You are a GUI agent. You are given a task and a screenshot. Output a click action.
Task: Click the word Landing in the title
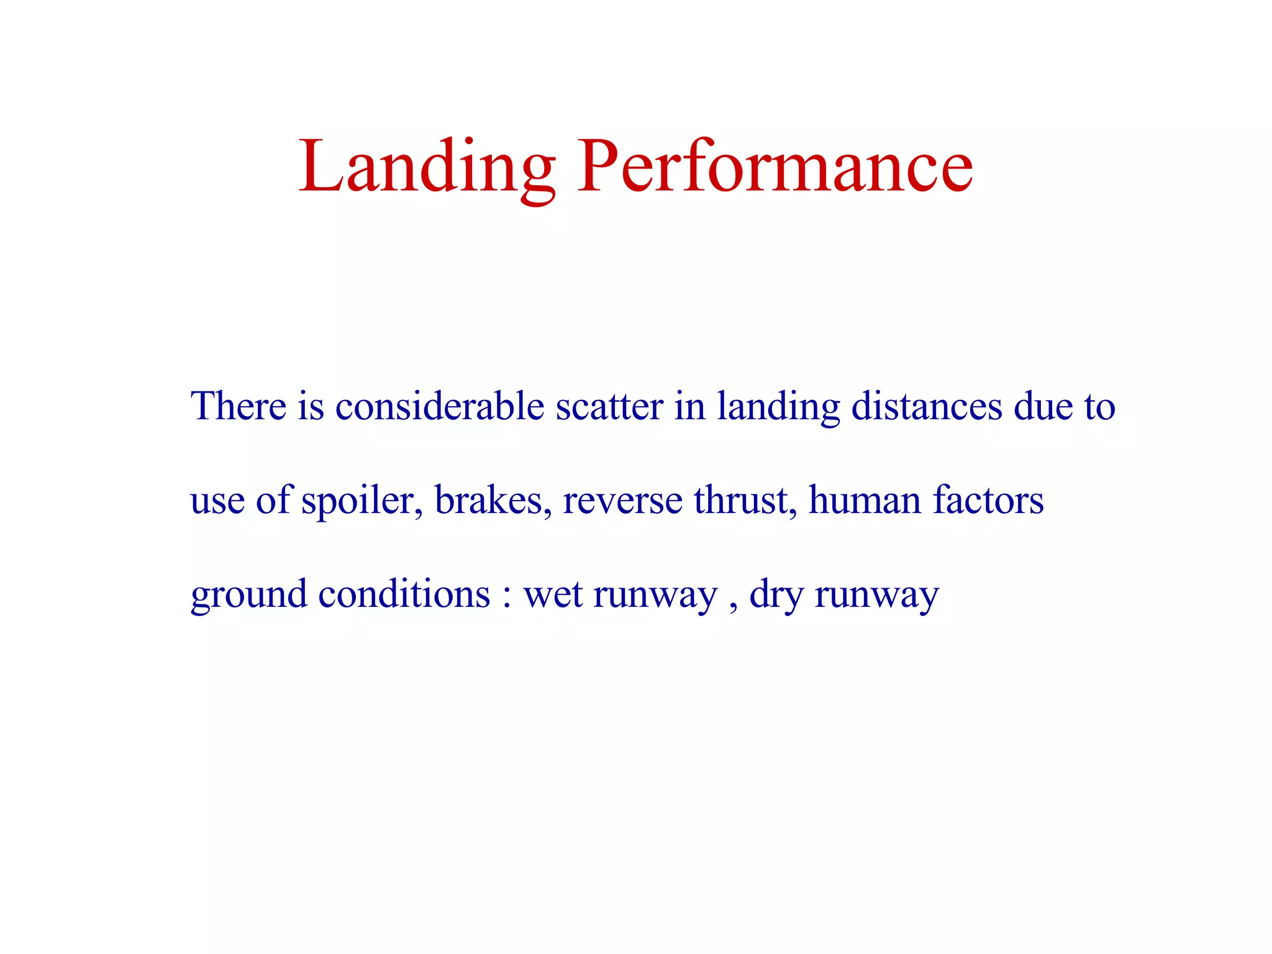click(x=427, y=166)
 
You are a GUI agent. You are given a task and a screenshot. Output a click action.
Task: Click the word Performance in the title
click(x=775, y=166)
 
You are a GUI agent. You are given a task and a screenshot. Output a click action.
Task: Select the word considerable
click(x=440, y=406)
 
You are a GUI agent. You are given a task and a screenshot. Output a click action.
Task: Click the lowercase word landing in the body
click(x=778, y=407)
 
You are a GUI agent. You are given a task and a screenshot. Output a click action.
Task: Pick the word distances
click(x=927, y=406)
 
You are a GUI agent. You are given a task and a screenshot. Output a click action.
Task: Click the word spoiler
click(x=362, y=501)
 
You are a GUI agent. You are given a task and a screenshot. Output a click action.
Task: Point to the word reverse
click(x=622, y=501)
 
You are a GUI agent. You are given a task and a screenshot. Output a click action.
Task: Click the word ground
click(x=248, y=595)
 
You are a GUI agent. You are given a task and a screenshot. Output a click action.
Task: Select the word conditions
click(x=404, y=594)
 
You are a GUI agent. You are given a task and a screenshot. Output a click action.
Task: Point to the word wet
click(x=553, y=595)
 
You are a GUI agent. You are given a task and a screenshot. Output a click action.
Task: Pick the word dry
click(x=776, y=595)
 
